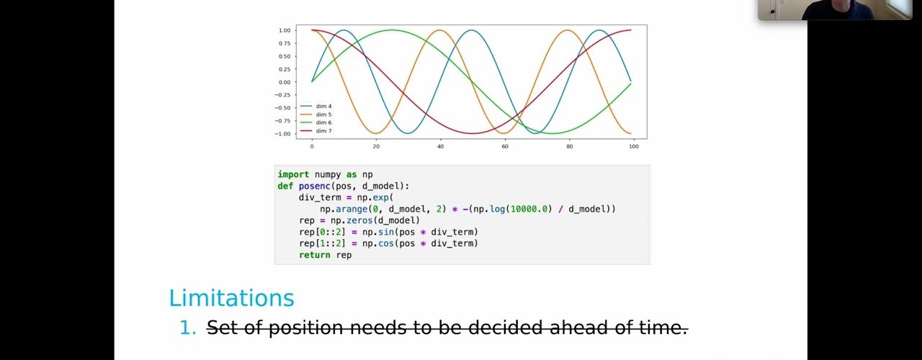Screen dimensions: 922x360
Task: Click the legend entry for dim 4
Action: click(316, 106)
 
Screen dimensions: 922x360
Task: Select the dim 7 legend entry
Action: click(316, 131)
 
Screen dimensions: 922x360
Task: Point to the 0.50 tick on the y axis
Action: click(285, 56)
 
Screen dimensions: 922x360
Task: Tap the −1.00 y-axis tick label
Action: click(282, 134)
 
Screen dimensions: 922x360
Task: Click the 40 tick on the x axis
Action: click(440, 146)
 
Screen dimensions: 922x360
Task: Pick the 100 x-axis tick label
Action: click(634, 146)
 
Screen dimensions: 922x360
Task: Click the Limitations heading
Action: click(232, 298)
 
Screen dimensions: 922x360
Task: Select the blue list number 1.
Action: click(188, 328)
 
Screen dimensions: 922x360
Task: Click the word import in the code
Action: click(293, 174)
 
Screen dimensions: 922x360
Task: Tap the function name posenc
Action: click(315, 186)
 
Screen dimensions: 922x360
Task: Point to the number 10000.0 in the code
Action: click(529, 209)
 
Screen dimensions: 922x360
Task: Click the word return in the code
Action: click(315, 255)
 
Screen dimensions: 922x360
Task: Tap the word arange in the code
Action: click(352, 209)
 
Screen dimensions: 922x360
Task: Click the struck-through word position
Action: click(306, 328)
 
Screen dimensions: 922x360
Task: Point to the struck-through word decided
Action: click(505, 328)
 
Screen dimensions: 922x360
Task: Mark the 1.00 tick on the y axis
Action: click(285, 30)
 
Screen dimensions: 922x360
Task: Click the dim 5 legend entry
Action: click(316, 114)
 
